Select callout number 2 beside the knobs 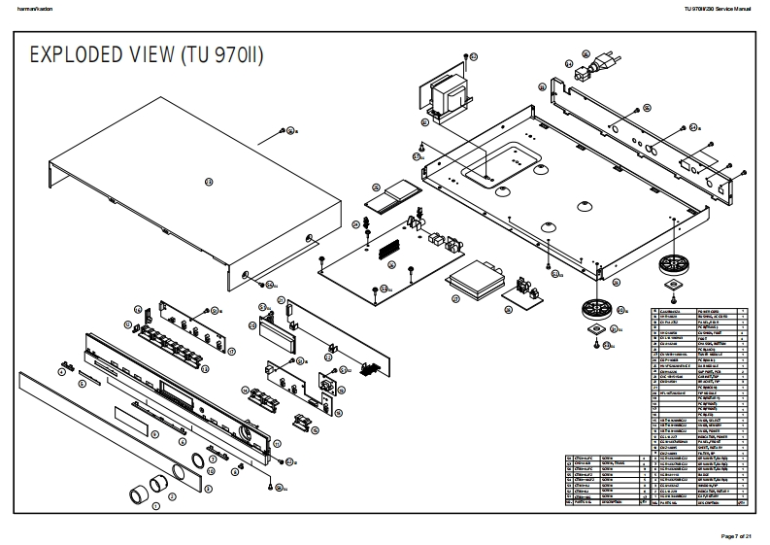pyautogui.click(x=172, y=496)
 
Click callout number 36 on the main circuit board pyautogui.click(x=385, y=289)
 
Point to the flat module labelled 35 pyautogui.click(x=392, y=196)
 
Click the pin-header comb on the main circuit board pyautogui.click(x=392, y=249)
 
